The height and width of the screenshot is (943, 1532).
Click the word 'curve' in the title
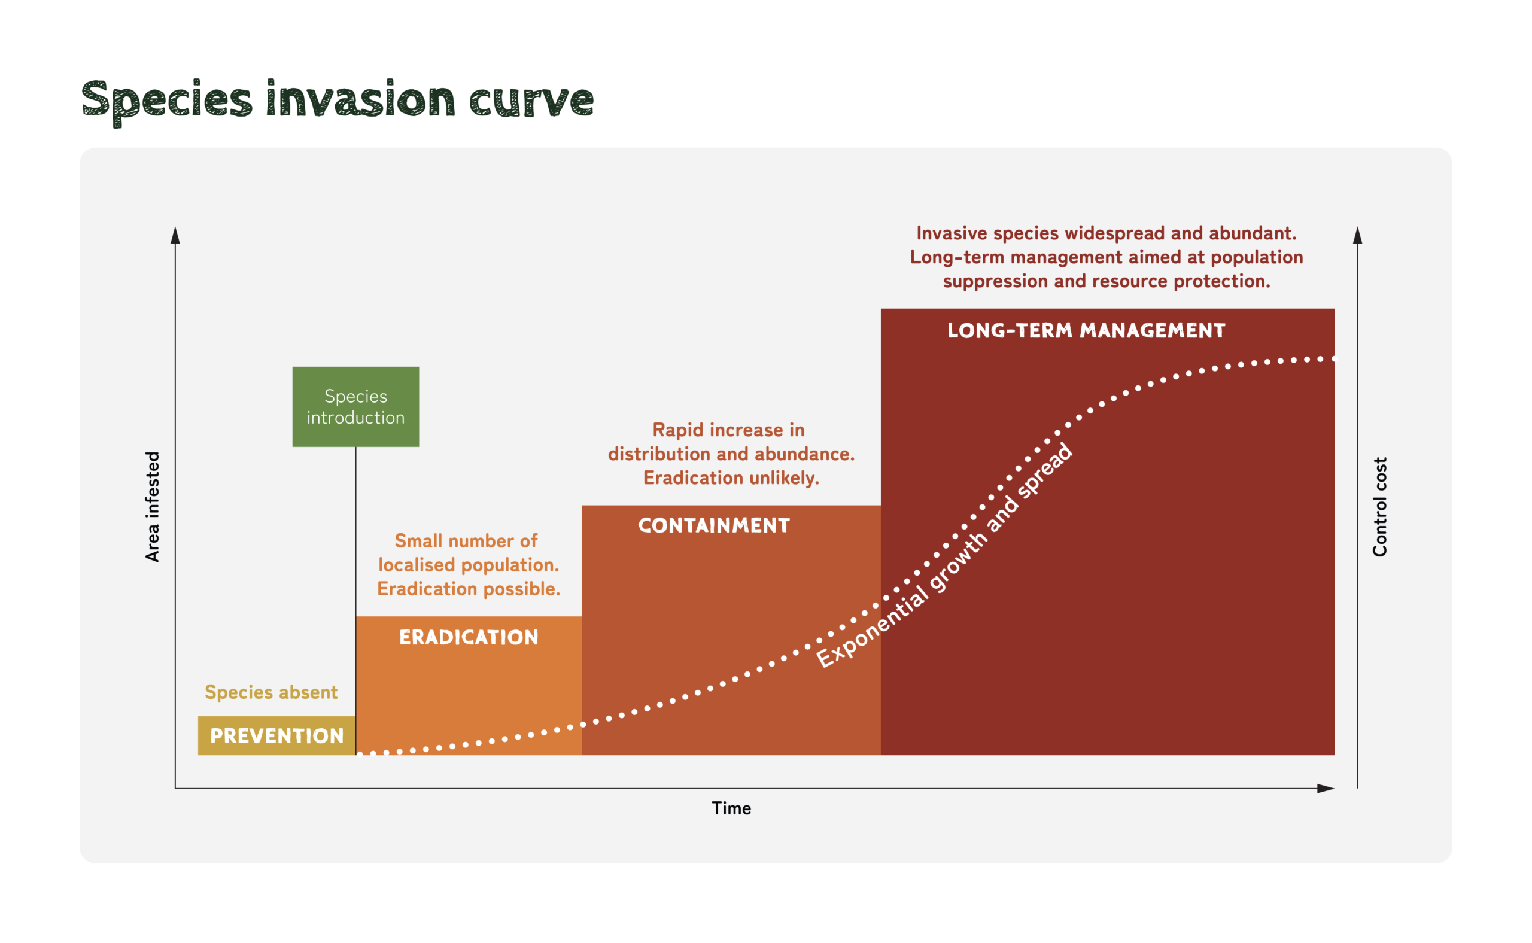tap(531, 100)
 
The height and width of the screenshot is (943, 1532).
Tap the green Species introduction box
tap(355, 407)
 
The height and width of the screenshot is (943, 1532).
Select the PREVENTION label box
tap(276, 736)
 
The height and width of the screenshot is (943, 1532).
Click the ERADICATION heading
tap(469, 637)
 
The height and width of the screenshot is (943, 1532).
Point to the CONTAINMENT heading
tap(713, 526)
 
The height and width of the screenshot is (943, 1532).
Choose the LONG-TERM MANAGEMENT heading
tap(1086, 330)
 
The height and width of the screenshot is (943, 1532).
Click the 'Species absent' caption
tap(270, 692)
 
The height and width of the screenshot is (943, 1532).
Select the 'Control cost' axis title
tap(1379, 506)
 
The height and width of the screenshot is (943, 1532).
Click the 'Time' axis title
tap(731, 808)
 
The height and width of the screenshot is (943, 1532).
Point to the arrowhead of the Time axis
tap(1326, 789)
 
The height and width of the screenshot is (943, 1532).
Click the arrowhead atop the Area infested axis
tap(175, 236)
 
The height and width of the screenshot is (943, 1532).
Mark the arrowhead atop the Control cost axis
tap(1357, 236)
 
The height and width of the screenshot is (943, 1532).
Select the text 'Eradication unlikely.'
tap(731, 478)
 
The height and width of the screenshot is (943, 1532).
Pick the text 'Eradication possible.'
tap(469, 589)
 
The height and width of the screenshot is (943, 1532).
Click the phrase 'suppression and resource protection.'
tap(1106, 281)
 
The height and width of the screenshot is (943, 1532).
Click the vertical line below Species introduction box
tap(355, 530)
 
